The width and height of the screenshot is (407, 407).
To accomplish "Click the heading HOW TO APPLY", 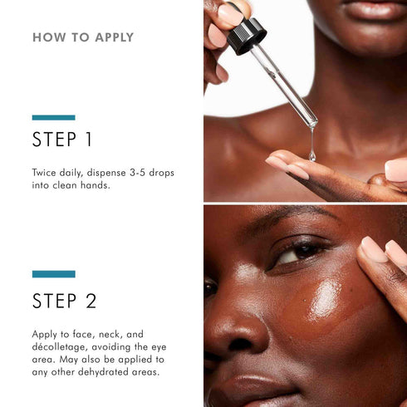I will coord(82,37).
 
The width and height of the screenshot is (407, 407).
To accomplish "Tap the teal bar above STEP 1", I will coord(53,117).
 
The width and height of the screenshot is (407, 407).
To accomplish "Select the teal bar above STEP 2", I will coord(53,274).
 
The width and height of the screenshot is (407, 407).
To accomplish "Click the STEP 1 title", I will coord(62,140).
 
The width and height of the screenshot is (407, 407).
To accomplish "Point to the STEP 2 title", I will coord(63,300).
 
